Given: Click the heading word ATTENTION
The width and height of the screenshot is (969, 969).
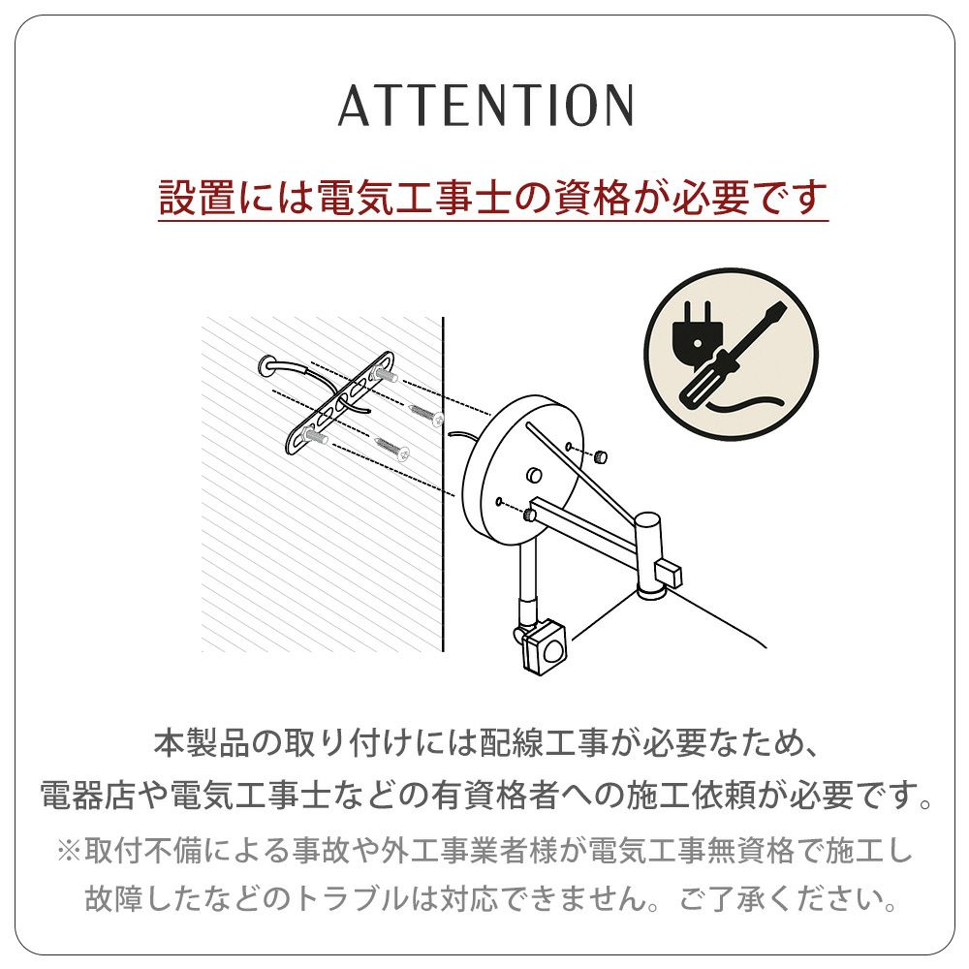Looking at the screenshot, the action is pos(485,105).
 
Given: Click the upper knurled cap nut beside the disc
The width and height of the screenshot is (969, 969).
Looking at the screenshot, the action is pos(600,457).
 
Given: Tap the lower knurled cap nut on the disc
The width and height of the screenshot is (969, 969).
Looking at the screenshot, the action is pos(530,514).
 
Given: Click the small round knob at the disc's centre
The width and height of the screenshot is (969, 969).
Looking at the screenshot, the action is pos(534,475).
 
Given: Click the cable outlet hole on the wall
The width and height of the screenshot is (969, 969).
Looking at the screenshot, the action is pos(267,366).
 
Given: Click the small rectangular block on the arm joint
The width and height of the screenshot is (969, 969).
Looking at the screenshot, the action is pos(671,573).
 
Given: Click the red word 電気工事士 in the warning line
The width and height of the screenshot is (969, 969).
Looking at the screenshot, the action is pos(414,198).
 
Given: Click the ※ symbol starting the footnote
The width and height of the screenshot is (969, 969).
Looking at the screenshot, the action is pos(69,851).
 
